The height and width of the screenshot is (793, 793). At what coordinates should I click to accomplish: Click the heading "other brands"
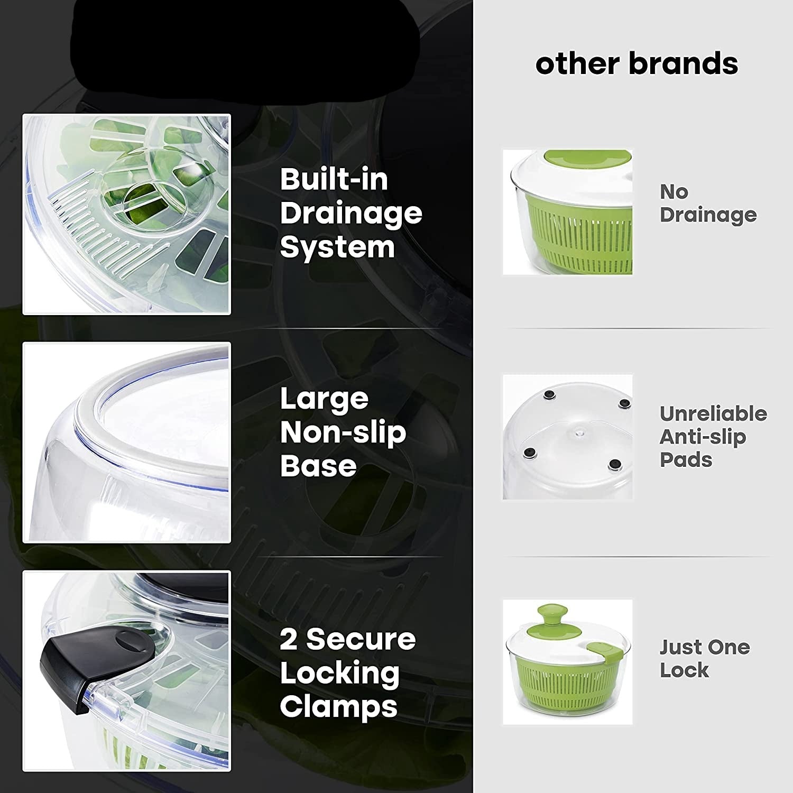tap(637, 63)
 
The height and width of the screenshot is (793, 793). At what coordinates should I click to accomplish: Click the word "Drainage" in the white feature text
tap(351, 214)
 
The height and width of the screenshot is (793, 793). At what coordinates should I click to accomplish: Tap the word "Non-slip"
tap(343, 432)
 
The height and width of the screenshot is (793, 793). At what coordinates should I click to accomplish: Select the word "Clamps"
tap(338, 706)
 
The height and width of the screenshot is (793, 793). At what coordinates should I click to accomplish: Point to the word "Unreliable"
tap(713, 413)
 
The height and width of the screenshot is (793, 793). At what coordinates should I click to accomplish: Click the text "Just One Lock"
tap(704, 658)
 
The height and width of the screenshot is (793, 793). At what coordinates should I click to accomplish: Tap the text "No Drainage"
tap(708, 204)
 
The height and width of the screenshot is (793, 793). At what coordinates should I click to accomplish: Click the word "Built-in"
tap(334, 180)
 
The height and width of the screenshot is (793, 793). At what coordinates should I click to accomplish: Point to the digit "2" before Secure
tap(289, 639)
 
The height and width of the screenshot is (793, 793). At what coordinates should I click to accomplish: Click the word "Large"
tap(324, 399)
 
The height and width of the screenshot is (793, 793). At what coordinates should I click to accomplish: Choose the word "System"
tap(337, 247)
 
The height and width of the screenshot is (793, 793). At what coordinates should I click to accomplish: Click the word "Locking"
tap(339, 673)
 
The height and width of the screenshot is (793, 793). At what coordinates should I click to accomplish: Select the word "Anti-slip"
tap(703, 437)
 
